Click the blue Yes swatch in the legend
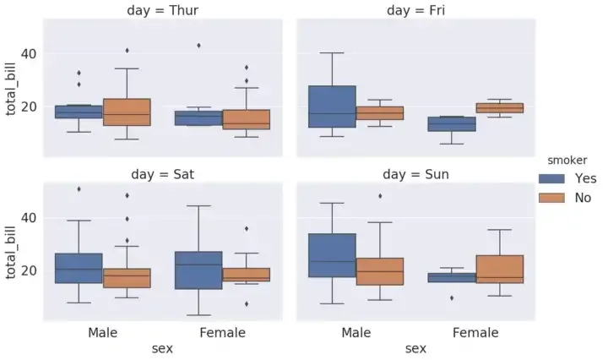552,178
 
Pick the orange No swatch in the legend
552,198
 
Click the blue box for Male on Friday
332,106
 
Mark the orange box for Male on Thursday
127,112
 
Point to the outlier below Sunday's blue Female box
453,297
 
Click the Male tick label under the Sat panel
103,333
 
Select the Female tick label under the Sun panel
475,333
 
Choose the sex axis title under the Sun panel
415,348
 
